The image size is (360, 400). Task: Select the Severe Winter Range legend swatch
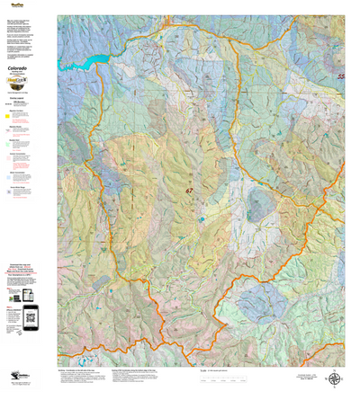10,190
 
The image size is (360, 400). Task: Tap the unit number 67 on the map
189,191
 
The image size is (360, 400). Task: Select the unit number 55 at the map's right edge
341,77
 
